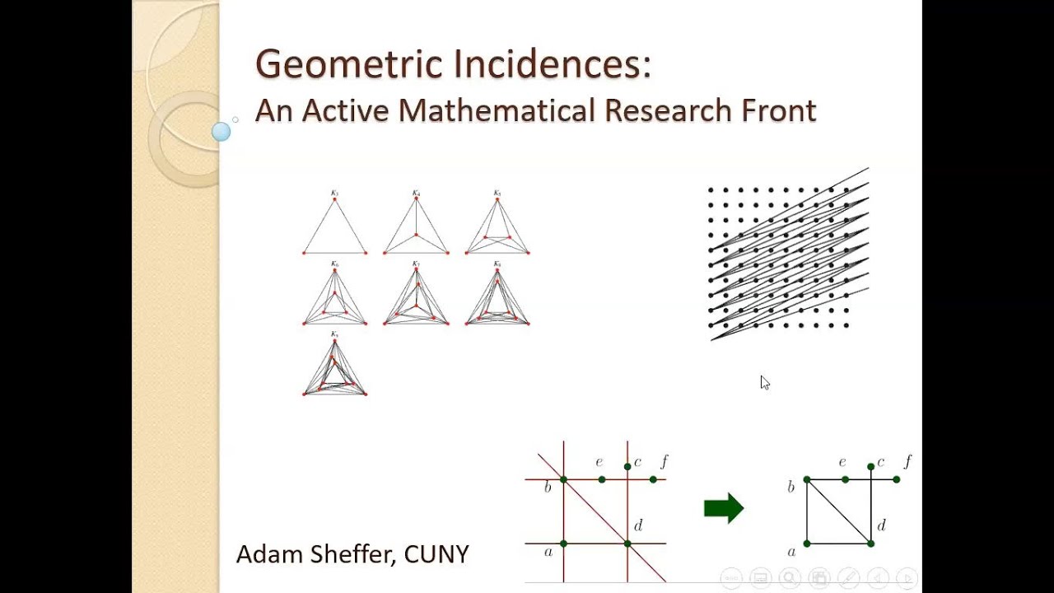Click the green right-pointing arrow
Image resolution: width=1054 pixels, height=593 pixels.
[x=724, y=508]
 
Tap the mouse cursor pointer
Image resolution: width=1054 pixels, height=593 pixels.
[x=764, y=382]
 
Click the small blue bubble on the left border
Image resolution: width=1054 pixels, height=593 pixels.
[x=221, y=131]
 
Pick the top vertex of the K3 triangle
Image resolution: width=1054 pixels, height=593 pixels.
[x=335, y=199]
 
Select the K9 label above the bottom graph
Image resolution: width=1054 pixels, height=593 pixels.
[x=334, y=334]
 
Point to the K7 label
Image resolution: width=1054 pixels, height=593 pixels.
[x=416, y=264]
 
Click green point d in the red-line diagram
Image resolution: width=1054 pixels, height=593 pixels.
[x=627, y=544]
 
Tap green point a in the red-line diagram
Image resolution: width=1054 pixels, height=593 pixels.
[x=563, y=544]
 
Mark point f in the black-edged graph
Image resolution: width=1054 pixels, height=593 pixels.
[x=896, y=479]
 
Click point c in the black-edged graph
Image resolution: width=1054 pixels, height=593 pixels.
[x=870, y=467]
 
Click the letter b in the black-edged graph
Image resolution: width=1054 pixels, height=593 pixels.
[x=791, y=487]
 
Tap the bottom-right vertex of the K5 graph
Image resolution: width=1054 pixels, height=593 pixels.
[x=528, y=252]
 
